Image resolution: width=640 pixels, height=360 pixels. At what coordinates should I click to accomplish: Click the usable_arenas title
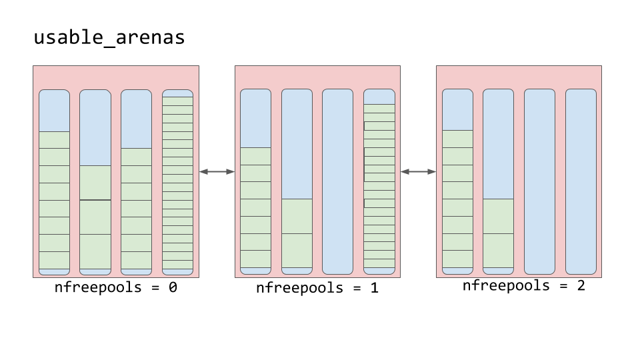(109, 38)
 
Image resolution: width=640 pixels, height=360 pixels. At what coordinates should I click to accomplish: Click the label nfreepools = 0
(115, 288)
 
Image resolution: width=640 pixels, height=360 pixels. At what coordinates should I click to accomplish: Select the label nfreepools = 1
(317, 288)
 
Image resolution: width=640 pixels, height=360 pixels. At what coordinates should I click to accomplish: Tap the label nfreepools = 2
(523, 286)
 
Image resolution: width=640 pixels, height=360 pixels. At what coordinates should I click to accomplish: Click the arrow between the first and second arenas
(217, 172)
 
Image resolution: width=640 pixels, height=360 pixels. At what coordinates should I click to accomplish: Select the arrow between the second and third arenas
(418, 172)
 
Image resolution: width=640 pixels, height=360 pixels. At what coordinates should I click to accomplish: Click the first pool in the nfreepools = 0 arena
(54, 182)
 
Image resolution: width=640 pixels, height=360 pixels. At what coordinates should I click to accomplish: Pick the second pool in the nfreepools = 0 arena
(95, 182)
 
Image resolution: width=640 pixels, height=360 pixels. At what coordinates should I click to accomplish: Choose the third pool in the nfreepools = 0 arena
(136, 182)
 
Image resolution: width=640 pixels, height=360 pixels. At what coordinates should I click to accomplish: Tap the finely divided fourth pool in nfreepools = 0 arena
(177, 182)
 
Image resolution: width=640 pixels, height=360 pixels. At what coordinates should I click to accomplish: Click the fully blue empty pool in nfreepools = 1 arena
(337, 181)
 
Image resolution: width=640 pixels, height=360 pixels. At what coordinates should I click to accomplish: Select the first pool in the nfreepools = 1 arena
(255, 181)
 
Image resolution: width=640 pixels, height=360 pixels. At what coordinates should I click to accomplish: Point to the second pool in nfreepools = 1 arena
(297, 181)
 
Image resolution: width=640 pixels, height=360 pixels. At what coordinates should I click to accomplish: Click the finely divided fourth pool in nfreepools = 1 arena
(379, 181)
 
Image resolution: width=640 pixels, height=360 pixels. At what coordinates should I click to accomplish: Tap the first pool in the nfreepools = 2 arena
(457, 181)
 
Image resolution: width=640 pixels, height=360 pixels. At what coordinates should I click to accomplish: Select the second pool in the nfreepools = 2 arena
(498, 181)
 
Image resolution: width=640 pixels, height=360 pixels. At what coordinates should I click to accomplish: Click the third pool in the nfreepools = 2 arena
(539, 181)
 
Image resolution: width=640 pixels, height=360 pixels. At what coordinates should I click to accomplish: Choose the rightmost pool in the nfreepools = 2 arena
(581, 181)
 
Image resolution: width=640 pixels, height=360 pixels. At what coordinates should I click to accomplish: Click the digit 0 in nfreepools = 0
(172, 288)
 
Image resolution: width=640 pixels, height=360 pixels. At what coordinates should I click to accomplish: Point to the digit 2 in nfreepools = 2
(580, 286)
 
